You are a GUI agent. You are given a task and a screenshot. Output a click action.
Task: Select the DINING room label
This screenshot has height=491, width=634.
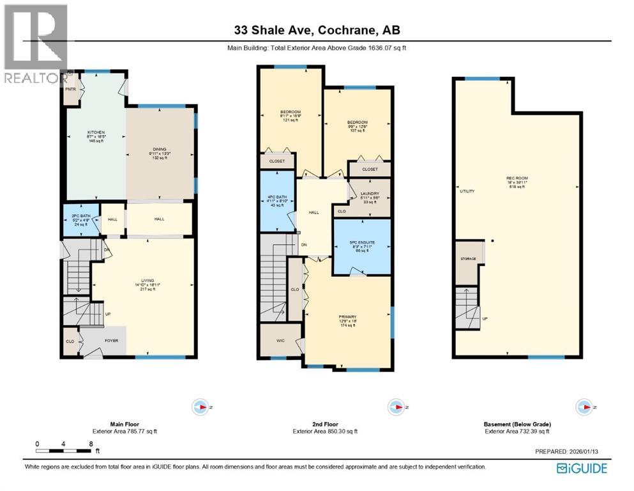[159, 150]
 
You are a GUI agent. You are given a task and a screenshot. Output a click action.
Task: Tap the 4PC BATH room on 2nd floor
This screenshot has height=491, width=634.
[276, 198]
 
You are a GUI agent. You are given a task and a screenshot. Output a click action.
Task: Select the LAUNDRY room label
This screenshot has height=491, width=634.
[370, 193]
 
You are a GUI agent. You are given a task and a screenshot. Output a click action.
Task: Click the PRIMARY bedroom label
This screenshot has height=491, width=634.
[348, 317]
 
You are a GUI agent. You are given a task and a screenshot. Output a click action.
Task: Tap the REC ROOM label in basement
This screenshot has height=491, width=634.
[518, 178]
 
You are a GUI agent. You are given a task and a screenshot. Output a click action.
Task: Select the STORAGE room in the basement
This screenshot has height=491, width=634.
[468, 260]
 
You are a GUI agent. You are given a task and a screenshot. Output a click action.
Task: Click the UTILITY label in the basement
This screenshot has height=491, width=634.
[467, 191]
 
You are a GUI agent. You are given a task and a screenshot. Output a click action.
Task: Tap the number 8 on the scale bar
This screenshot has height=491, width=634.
[91, 443]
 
